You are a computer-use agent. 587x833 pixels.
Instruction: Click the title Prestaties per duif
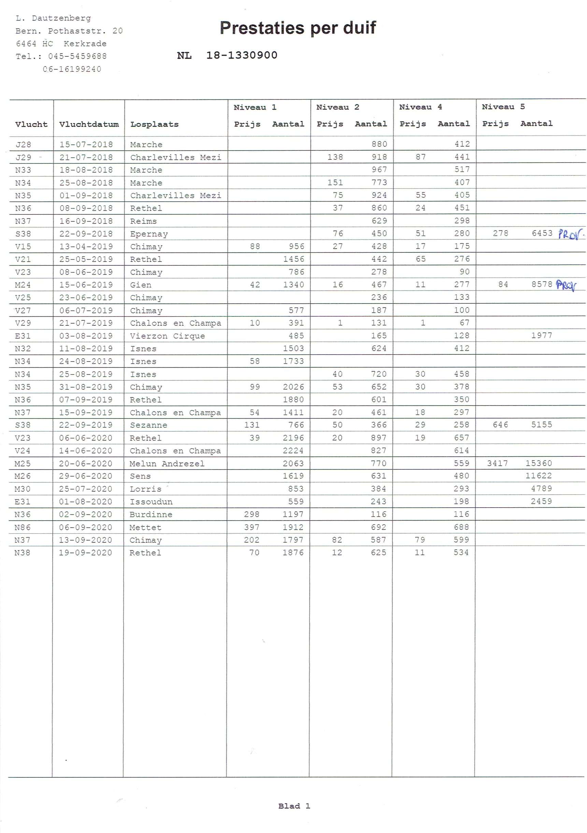[x=298, y=28]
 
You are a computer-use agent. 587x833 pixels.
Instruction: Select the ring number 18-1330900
[x=242, y=55]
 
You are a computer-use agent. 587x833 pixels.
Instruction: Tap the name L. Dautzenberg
[x=53, y=18]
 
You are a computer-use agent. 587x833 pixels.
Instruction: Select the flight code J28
[x=23, y=145]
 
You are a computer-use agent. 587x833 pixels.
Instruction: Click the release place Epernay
[x=149, y=234]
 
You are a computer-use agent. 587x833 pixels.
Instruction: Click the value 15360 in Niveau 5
[x=539, y=463]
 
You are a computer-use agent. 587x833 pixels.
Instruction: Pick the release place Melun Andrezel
[x=167, y=464]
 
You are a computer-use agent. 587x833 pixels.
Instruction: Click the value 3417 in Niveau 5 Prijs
[x=497, y=463]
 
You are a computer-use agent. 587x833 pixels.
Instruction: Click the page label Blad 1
[x=294, y=806]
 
